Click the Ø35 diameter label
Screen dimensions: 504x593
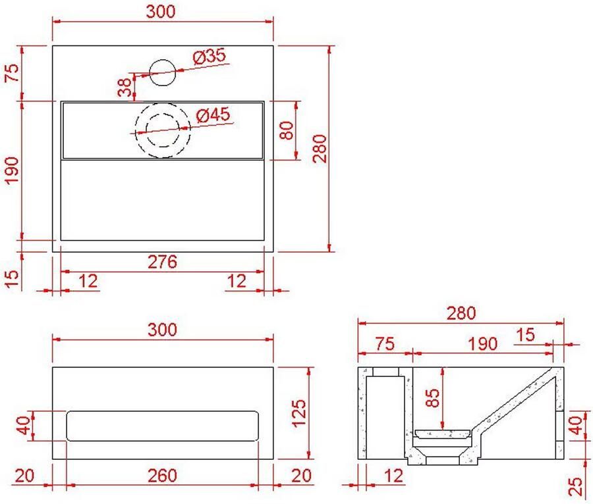(210, 57)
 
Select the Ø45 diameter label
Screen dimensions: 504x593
(213, 115)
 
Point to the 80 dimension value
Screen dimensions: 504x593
(287, 130)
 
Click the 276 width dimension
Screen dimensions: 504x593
(162, 262)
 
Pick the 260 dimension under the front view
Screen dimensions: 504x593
(162, 476)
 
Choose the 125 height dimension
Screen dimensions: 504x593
(299, 413)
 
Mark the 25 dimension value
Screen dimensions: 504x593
(576, 486)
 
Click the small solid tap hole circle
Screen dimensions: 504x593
(162, 72)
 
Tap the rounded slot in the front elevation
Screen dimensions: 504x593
(162, 426)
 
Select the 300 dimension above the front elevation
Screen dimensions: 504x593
(162, 330)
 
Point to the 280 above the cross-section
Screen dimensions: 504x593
(461, 313)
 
